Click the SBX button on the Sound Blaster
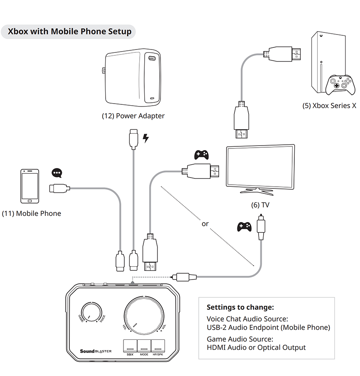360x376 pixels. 130,346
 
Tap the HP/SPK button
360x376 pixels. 158,346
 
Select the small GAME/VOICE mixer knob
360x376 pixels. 91,312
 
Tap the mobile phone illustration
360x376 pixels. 30,186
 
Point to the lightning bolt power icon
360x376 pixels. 145,138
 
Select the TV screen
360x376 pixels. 260,168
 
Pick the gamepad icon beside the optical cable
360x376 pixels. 244,226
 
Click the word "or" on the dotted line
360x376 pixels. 205,224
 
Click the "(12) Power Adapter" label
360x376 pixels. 133,116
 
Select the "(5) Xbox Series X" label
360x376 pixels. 329,106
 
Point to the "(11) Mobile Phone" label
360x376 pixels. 32,213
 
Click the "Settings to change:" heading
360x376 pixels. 240,307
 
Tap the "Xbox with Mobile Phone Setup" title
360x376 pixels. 69,32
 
